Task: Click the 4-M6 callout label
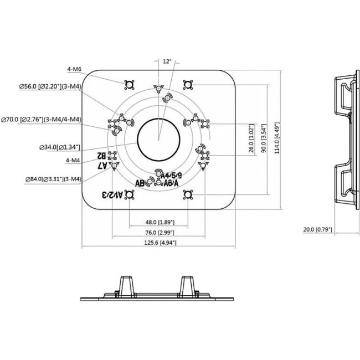click(x=74, y=69)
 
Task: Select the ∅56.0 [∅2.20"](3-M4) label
click(x=50, y=86)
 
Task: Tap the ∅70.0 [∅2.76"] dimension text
click(x=42, y=120)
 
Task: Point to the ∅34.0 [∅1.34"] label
click(x=60, y=147)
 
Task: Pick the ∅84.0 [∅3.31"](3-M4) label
click(x=54, y=179)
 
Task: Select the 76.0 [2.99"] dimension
click(x=158, y=233)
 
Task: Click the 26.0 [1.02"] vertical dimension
click(x=252, y=138)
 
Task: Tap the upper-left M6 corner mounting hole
click(x=130, y=85)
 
